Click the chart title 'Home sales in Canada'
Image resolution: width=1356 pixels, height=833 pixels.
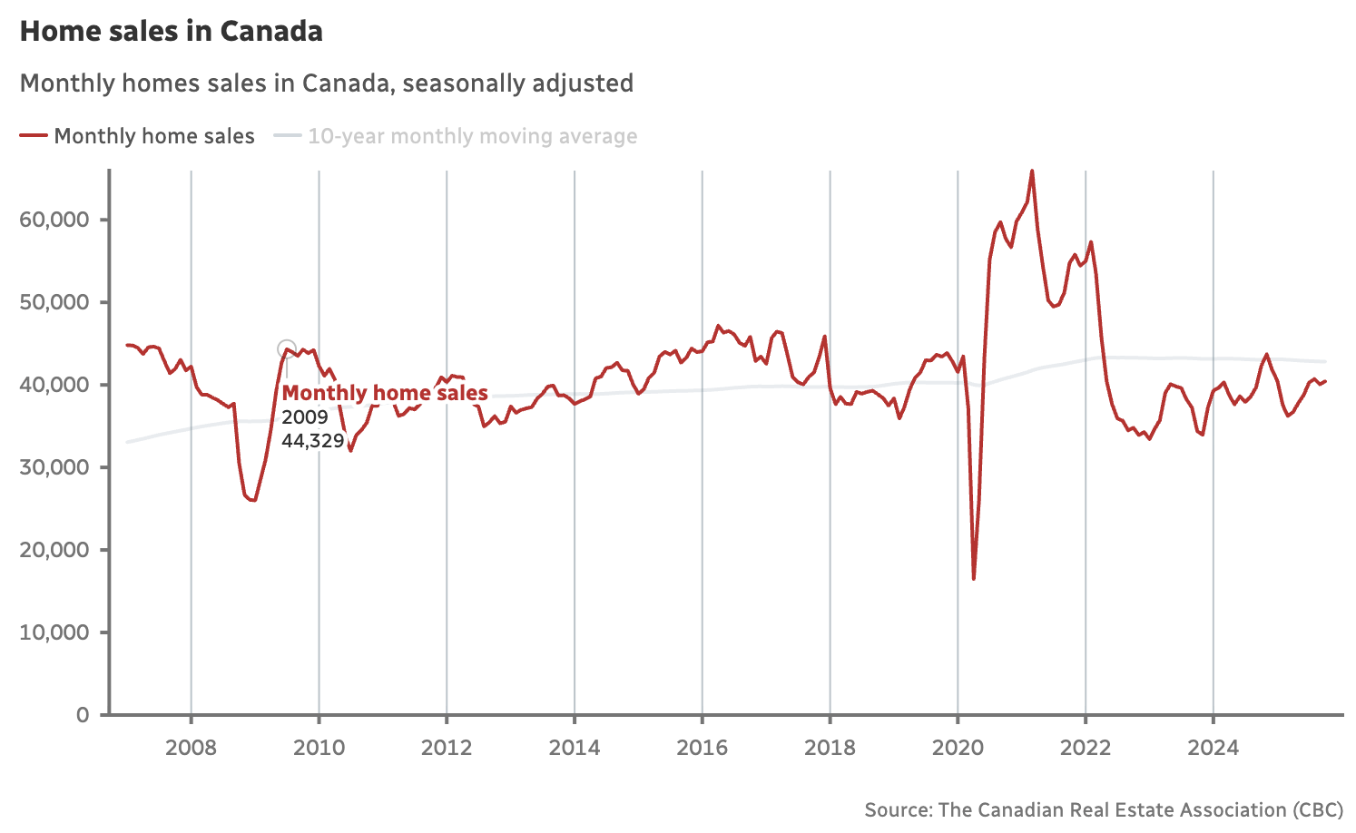(x=172, y=32)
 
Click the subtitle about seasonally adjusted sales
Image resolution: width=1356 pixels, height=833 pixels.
(x=327, y=83)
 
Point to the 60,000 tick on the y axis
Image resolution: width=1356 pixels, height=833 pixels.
(x=54, y=220)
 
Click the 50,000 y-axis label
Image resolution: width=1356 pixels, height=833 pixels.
(x=54, y=302)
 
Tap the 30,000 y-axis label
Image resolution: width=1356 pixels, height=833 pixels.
(x=54, y=467)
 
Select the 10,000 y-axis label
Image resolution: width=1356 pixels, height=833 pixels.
(x=54, y=632)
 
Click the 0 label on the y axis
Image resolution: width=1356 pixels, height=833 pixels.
(x=83, y=715)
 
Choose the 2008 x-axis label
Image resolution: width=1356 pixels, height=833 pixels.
(x=192, y=748)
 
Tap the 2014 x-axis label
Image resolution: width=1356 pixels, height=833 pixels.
(x=575, y=748)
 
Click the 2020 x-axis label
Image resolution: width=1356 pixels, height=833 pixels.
(x=958, y=748)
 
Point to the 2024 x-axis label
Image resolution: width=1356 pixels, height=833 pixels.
(x=1214, y=748)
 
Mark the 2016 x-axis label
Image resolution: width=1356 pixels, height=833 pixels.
(x=703, y=748)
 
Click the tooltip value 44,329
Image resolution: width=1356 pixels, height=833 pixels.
(x=313, y=441)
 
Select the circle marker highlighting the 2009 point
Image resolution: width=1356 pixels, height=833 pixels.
(x=287, y=349)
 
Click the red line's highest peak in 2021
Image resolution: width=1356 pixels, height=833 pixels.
(x=1032, y=171)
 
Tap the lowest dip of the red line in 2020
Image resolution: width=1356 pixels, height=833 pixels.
(x=974, y=578)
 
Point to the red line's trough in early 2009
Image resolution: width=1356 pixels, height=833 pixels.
(x=253, y=500)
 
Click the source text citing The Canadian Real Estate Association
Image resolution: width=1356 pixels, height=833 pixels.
(x=1103, y=810)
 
